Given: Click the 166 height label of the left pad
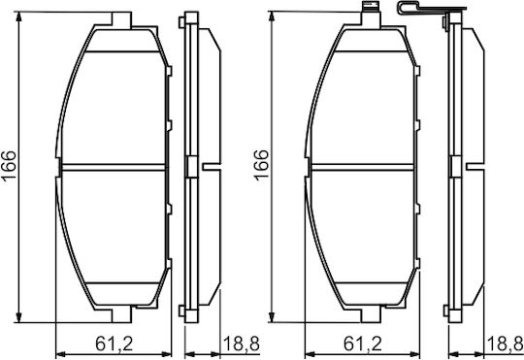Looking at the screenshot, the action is (x=9, y=166).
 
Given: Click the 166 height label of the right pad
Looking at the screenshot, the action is (x=261, y=165).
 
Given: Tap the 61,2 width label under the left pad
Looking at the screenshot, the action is (x=115, y=344).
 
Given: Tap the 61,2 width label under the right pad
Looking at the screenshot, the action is (x=363, y=344).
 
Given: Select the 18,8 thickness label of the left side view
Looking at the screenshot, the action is (x=241, y=344).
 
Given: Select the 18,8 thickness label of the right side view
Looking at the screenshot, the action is (x=506, y=344).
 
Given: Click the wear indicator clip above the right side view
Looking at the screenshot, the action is (x=431, y=9).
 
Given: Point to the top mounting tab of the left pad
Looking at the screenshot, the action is (x=121, y=20).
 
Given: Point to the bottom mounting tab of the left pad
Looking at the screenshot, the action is (x=121, y=314).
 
